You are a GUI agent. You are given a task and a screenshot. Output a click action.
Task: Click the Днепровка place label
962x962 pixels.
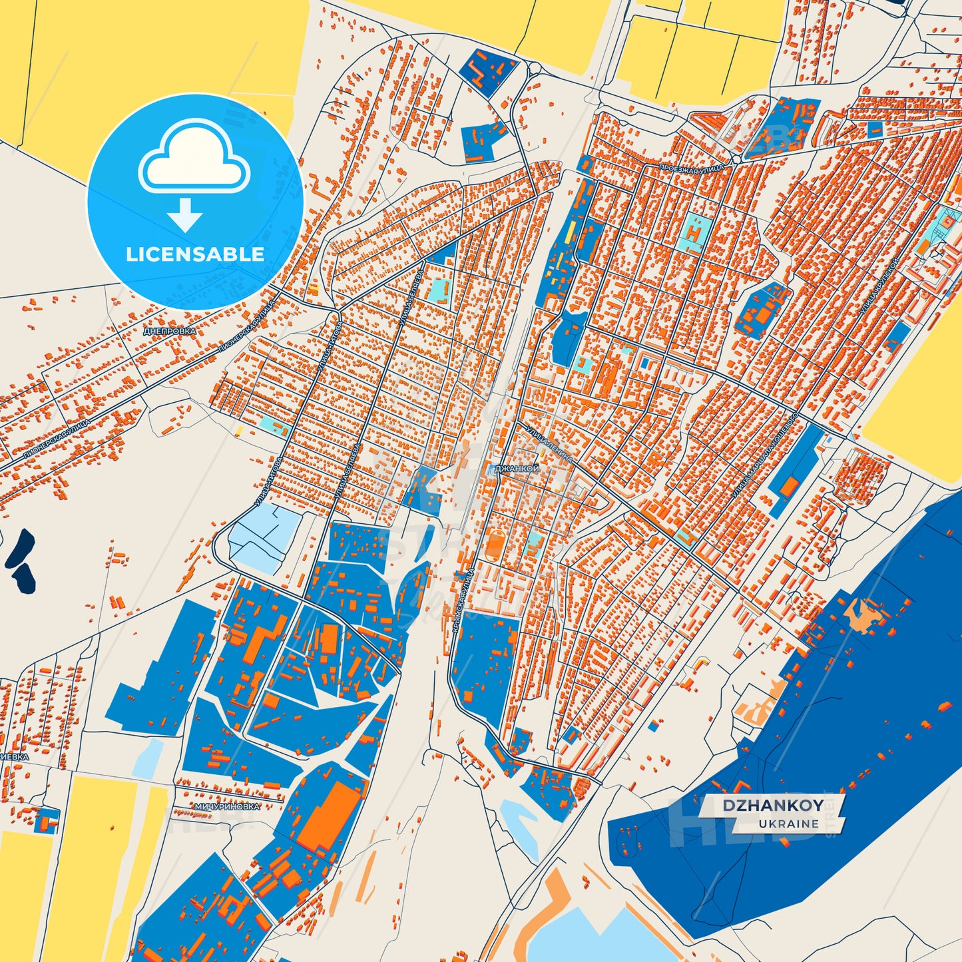tap(170, 331)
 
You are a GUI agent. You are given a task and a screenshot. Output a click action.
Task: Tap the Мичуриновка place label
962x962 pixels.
tap(227, 806)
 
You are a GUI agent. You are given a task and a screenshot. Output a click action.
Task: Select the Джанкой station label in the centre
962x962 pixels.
tap(517, 469)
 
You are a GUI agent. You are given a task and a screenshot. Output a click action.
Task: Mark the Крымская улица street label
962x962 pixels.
tap(462, 599)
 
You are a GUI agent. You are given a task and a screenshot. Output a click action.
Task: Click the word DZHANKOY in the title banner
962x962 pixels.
tap(773, 805)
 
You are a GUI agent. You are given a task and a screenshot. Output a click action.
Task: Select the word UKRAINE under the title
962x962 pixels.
tap(788, 824)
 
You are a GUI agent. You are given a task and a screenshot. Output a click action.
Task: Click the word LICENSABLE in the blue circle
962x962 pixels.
tap(195, 254)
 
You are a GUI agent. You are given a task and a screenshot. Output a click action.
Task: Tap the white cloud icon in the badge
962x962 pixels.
tap(194, 158)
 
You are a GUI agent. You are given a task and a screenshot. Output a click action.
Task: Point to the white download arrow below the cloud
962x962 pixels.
tap(185, 214)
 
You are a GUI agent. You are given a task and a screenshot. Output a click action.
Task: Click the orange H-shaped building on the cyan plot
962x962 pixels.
tap(694, 233)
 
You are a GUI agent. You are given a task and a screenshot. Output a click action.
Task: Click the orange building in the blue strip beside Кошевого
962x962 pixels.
tap(788, 487)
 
